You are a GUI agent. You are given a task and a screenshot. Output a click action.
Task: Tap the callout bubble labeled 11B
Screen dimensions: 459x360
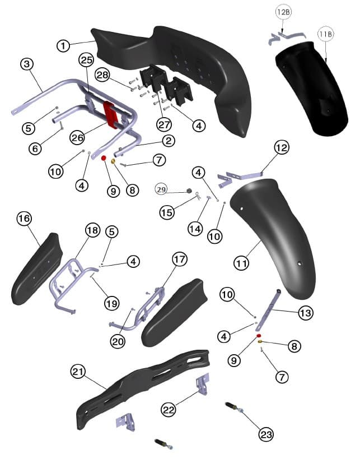(x=325, y=34)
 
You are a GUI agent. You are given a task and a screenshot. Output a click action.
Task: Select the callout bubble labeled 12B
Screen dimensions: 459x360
(x=283, y=12)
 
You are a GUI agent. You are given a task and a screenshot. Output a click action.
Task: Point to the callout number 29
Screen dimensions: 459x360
(x=162, y=191)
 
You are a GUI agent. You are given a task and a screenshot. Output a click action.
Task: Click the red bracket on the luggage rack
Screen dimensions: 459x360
(x=111, y=114)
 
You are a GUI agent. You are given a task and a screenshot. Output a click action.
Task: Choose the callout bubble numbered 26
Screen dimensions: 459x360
(x=78, y=137)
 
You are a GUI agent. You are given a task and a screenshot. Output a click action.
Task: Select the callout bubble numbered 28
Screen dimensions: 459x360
(x=102, y=75)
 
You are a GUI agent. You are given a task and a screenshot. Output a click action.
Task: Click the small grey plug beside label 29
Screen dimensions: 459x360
(x=189, y=192)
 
